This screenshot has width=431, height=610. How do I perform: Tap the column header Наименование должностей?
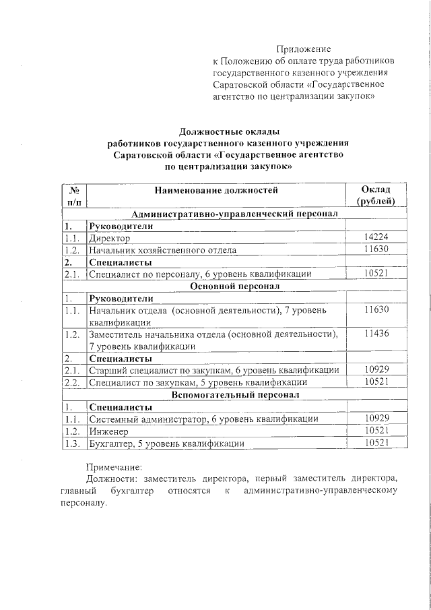215,191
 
